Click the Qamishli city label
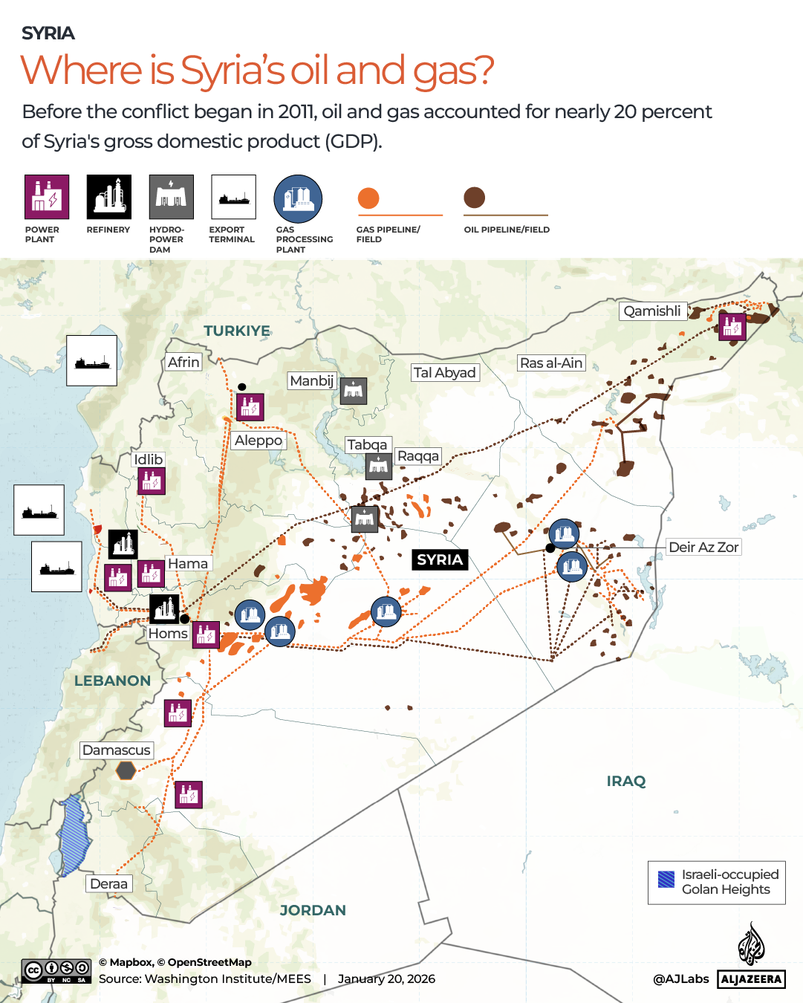(x=652, y=311)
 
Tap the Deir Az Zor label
(x=703, y=548)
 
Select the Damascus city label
(x=117, y=750)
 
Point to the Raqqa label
(x=418, y=456)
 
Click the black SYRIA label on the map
(x=440, y=559)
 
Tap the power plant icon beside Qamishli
(x=732, y=326)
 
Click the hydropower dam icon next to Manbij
(x=354, y=391)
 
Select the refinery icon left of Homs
(x=165, y=608)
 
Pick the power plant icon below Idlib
(x=152, y=481)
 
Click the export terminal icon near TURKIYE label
(x=91, y=360)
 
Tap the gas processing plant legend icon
(x=298, y=199)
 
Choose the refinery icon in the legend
(x=108, y=197)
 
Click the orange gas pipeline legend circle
(x=368, y=198)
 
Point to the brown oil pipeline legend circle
(x=475, y=198)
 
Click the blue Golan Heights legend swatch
(x=666, y=880)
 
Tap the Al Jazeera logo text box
(x=751, y=979)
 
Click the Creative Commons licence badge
(x=57, y=971)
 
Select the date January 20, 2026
(x=386, y=979)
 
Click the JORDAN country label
(x=313, y=911)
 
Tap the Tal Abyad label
(x=445, y=373)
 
